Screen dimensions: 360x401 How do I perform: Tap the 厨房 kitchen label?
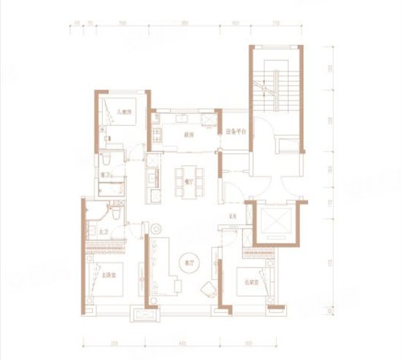point(185,136)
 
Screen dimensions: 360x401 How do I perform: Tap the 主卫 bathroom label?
point(104,232)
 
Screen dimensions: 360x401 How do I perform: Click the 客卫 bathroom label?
point(104,173)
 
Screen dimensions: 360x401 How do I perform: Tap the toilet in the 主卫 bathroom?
point(117,215)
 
